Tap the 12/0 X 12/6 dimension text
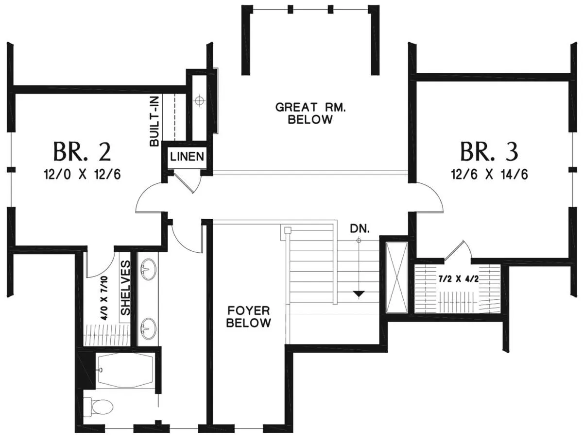pyautogui.click(x=82, y=175)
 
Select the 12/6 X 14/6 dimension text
pyautogui.click(x=489, y=175)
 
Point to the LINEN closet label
pyautogui.click(x=187, y=156)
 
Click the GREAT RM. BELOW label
pyautogui.click(x=310, y=114)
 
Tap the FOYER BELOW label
pyautogui.click(x=249, y=317)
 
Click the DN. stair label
pyautogui.click(x=360, y=229)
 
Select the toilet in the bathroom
pyautogui.click(x=98, y=406)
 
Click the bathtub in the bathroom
pyautogui.click(x=125, y=370)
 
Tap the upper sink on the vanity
pyautogui.click(x=148, y=269)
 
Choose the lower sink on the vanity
pyautogui.click(x=148, y=328)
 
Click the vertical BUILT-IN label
pyautogui.click(x=154, y=121)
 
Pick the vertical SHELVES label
pyautogui.click(x=125, y=288)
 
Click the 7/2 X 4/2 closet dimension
pyautogui.click(x=458, y=279)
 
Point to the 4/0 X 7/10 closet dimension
pyautogui.click(x=104, y=298)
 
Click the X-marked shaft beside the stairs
pyautogui.click(x=396, y=277)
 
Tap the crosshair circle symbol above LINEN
pyautogui.click(x=199, y=100)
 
